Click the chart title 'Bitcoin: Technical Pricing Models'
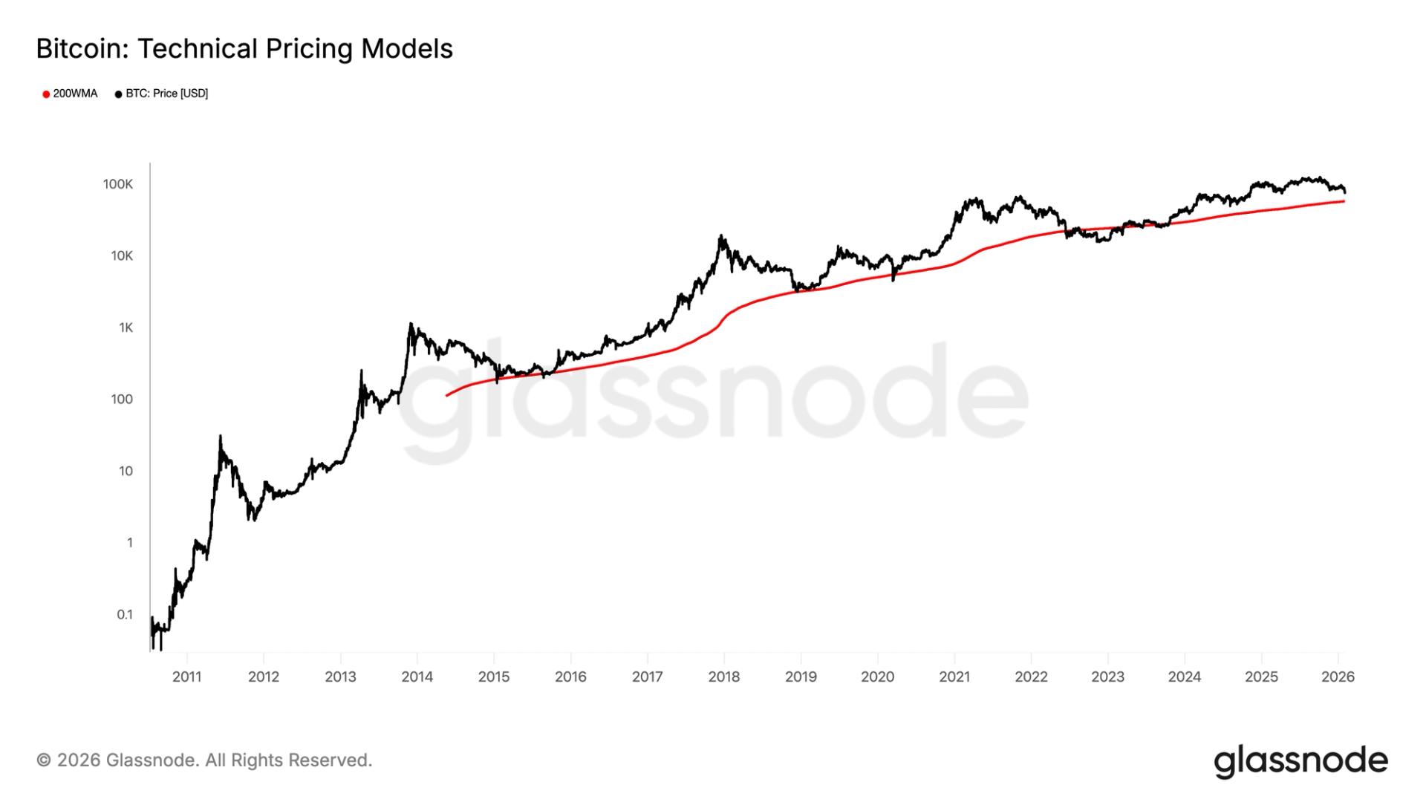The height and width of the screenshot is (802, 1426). click(x=244, y=49)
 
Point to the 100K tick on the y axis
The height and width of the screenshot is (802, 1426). click(x=118, y=184)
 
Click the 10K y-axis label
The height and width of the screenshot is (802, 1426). click(x=122, y=256)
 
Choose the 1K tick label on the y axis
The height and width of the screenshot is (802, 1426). click(x=126, y=327)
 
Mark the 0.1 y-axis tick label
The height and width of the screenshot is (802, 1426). click(x=125, y=614)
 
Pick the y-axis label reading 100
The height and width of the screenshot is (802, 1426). click(x=122, y=400)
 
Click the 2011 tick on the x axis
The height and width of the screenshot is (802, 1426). click(x=186, y=677)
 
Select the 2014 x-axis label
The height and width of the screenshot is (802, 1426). click(x=417, y=677)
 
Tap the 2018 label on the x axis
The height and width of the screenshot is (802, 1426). click(x=724, y=677)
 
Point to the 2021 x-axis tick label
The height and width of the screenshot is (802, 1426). click(x=954, y=677)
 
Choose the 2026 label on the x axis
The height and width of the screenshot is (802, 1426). click(x=1338, y=677)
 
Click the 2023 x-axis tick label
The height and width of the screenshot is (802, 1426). click(x=1107, y=677)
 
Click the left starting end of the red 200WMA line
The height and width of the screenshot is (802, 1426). click(x=446, y=395)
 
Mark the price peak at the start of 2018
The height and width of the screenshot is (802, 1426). click(x=720, y=236)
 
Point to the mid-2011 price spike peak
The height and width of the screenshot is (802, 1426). click(x=221, y=437)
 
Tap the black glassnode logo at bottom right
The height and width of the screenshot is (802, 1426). click(x=1300, y=761)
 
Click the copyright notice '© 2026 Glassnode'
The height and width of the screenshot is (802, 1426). click(x=204, y=760)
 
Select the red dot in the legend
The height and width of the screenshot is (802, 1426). click(x=46, y=94)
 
